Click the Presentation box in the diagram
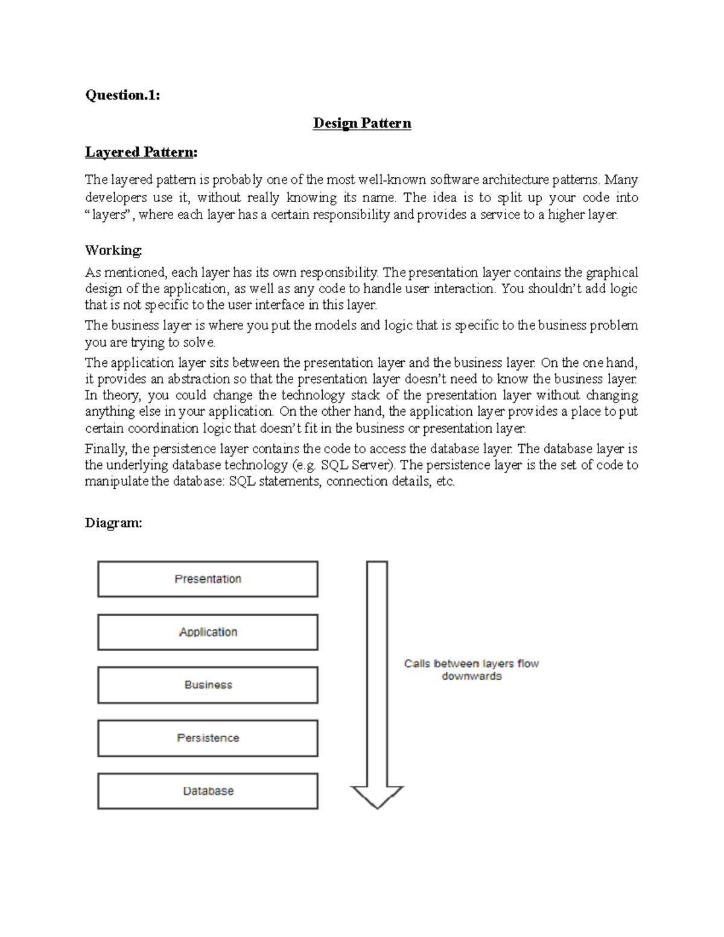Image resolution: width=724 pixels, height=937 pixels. [208, 579]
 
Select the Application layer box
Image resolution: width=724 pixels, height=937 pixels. [208, 632]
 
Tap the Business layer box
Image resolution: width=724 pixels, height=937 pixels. [208, 685]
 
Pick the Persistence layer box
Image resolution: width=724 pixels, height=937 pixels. [208, 738]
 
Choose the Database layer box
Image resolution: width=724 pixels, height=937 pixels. [208, 791]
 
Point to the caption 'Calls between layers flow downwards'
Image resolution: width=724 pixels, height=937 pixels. [471, 670]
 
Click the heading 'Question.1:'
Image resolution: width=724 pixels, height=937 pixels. [122, 95]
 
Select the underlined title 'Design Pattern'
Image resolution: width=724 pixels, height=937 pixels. [361, 123]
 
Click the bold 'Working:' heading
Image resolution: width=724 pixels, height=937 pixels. [113, 250]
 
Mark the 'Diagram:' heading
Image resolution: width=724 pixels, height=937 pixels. [113, 522]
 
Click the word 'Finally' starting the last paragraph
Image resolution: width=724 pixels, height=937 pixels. [106, 449]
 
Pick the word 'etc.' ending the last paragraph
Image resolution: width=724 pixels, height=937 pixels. [445, 481]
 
